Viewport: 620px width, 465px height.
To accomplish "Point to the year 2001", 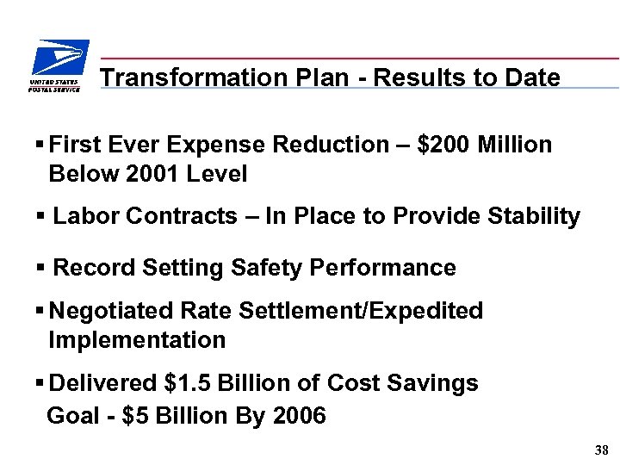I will tap(151, 174).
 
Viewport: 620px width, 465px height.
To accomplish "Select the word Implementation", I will tap(137, 340).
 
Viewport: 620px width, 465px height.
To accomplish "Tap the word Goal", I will tap(72, 417).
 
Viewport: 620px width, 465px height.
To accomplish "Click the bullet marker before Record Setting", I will tap(42, 268).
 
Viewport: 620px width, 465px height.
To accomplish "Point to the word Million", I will tap(517, 145).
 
